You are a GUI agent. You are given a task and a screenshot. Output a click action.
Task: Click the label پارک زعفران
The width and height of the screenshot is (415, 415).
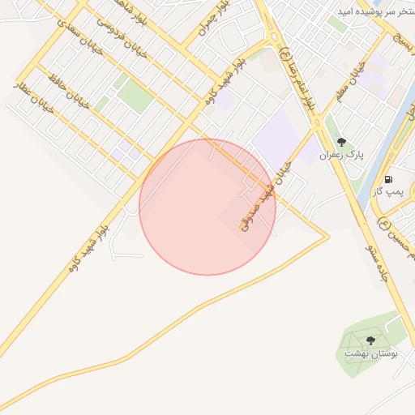pyautogui.click(x=341, y=154)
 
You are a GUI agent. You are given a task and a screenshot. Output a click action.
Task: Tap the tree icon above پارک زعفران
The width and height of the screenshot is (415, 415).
pyautogui.click(x=341, y=142)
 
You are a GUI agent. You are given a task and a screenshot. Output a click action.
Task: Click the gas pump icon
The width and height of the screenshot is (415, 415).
pyautogui.click(x=388, y=179)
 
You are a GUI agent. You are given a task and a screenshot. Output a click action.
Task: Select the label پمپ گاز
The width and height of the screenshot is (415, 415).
pyautogui.click(x=388, y=191)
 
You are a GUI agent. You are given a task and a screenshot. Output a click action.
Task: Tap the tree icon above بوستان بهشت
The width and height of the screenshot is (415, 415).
pyautogui.click(x=370, y=340)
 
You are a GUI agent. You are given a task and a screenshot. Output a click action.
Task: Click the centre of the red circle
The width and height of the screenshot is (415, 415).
pyautogui.click(x=207, y=207)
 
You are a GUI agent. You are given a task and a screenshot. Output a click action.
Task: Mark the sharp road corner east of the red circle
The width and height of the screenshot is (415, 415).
pyautogui.click(x=328, y=236)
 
